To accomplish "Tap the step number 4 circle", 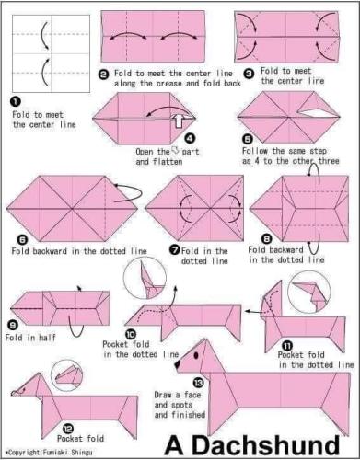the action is (190, 139).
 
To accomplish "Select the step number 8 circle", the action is (267, 238).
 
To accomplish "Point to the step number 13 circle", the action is (199, 383).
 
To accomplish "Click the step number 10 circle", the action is (131, 334).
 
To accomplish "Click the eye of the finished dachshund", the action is (196, 355).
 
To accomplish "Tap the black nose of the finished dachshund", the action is (178, 364).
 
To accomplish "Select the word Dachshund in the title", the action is (266, 445).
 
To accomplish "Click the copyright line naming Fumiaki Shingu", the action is (49, 452).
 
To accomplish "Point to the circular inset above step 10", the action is (145, 278).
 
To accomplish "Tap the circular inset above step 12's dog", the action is (66, 375).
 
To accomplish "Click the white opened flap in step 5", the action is (318, 113).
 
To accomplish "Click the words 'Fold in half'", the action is (30, 338).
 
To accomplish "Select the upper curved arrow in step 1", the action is (43, 35).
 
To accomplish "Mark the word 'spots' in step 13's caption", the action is (181, 405).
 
